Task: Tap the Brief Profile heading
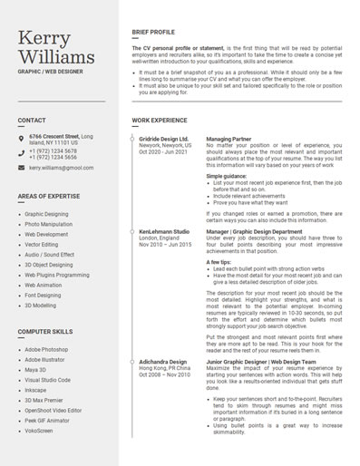153,32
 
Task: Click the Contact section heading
32,121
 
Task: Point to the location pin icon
21,139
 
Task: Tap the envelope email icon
21,168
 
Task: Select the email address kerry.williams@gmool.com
61,168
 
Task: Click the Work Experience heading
160,121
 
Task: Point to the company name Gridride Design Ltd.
163,139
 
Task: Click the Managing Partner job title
229,139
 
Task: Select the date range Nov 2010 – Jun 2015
165,245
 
